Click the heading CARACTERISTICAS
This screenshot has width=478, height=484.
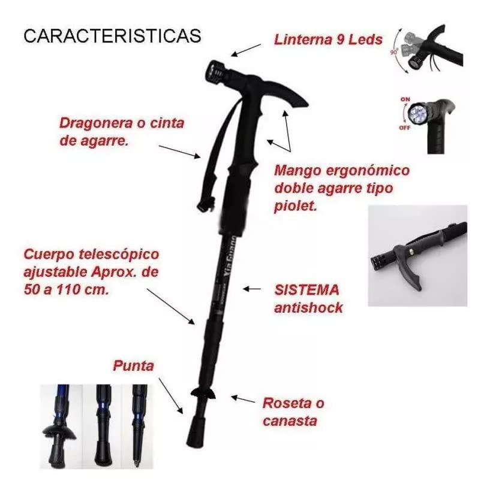click(x=112, y=35)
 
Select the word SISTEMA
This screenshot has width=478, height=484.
click(x=306, y=291)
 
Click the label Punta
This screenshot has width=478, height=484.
click(x=133, y=365)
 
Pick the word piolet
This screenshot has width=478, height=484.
click(x=294, y=207)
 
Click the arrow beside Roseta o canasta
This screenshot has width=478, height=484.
click(x=243, y=398)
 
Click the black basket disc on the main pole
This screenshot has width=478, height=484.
click(x=203, y=393)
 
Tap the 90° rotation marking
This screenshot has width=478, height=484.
click(x=394, y=52)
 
